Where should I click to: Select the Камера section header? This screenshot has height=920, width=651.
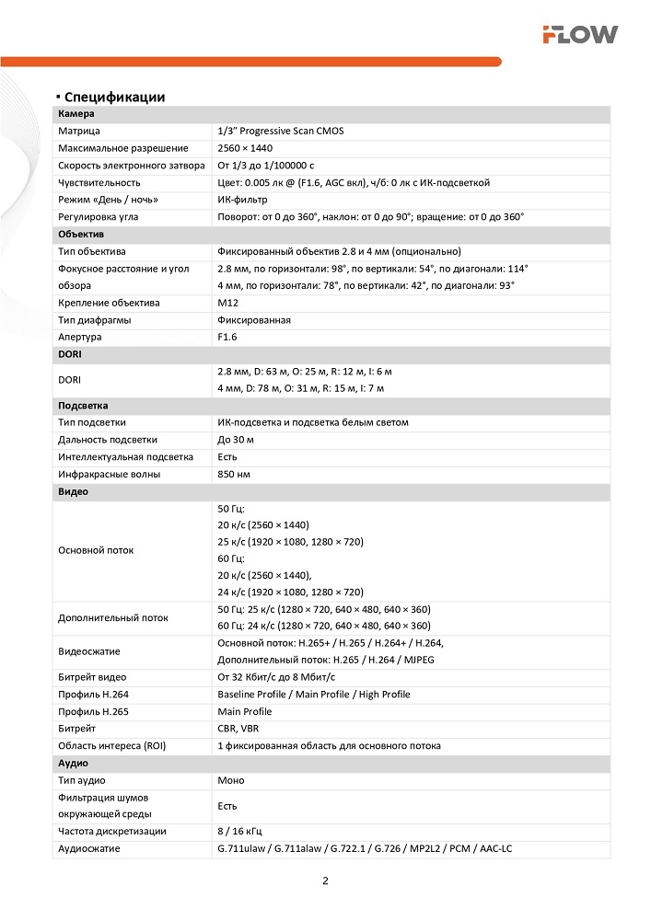click(76, 114)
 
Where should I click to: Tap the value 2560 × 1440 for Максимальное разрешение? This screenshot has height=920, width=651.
click(245, 148)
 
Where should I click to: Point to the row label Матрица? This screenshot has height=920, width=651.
click(79, 132)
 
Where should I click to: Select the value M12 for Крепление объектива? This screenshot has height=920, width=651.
click(227, 303)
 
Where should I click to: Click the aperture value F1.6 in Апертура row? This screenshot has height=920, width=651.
click(227, 338)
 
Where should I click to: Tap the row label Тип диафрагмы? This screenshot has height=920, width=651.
click(94, 320)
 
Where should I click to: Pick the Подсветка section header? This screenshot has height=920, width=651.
click(85, 406)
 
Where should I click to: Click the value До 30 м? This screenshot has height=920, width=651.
click(236, 440)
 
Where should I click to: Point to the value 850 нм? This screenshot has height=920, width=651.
click(233, 475)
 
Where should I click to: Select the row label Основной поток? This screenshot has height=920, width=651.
click(96, 550)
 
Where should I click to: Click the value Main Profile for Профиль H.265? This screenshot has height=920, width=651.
click(245, 711)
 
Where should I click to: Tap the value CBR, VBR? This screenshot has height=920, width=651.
click(238, 728)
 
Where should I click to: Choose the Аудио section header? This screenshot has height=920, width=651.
click(74, 763)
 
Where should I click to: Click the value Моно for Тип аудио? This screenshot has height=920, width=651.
click(231, 780)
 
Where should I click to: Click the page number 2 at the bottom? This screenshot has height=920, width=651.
click(325, 880)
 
